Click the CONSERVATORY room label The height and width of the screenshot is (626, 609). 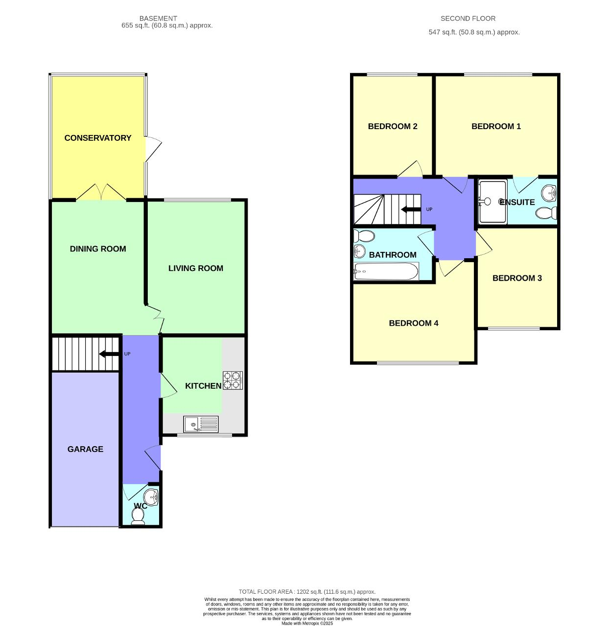[98, 138]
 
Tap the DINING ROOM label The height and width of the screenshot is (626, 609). [98, 249]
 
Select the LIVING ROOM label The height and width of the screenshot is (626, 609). [195, 268]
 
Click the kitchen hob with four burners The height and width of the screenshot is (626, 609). [233, 380]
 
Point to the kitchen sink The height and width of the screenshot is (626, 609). [201, 424]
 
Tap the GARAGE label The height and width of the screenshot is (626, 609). [85, 449]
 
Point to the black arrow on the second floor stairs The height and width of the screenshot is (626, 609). [410, 210]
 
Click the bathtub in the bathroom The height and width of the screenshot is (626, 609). [386, 271]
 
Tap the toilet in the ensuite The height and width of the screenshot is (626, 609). [546, 213]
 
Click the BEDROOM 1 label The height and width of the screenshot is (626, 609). [496, 127]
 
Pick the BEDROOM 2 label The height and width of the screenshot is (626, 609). [393, 127]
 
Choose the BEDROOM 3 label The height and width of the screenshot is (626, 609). [517, 278]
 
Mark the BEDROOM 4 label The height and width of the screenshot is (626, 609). [414, 323]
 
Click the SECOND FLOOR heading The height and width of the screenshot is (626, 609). [468, 19]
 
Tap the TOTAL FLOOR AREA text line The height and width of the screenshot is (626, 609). [307, 592]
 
